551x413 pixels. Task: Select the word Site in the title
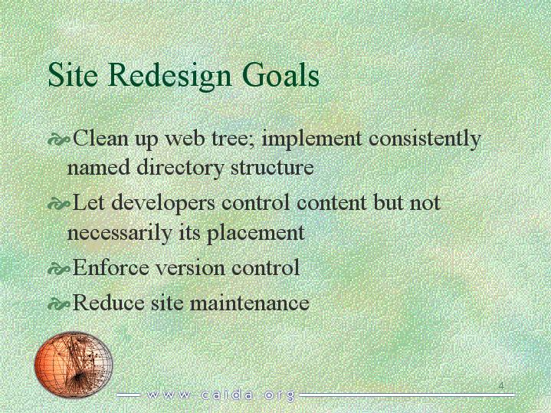[x=73, y=74]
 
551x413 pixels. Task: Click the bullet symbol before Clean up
[x=58, y=140]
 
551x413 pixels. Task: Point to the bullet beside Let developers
[x=58, y=205]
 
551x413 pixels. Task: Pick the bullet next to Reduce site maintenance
[x=58, y=304]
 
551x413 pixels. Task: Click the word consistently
[x=425, y=139]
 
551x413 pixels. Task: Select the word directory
[x=180, y=168]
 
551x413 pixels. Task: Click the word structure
[x=272, y=168]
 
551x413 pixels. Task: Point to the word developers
[x=163, y=204]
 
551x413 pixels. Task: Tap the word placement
[x=255, y=234]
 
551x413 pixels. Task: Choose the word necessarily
[x=119, y=234]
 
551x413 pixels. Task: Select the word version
[x=190, y=269]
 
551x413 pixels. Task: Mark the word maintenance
[x=250, y=303]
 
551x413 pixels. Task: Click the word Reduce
[x=108, y=303]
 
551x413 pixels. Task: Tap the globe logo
[x=74, y=364]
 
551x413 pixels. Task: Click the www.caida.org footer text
[x=221, y=395]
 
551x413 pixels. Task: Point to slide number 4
[x=501, y=385]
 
